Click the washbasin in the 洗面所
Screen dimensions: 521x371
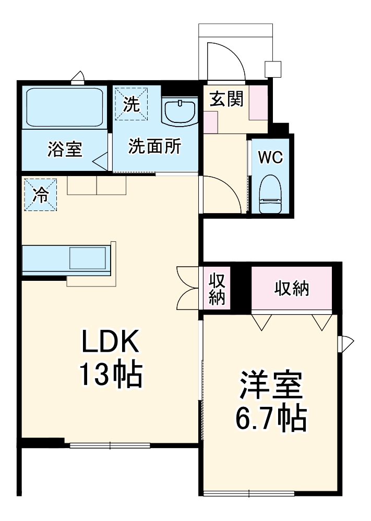[179, 111]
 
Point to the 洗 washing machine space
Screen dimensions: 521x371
[131, 102]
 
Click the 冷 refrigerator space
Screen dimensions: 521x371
[40, 195]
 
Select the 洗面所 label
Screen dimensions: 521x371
[154, 147]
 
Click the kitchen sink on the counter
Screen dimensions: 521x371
[89, 259]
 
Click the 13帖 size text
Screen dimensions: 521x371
[110, 374]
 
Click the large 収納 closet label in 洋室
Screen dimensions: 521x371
[292, 288]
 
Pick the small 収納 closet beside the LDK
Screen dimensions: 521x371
[217, 289]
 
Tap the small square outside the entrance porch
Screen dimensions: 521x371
[272, 69]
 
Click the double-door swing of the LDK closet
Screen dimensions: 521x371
[186, 289]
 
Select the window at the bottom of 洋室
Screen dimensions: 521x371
[249, 492]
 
